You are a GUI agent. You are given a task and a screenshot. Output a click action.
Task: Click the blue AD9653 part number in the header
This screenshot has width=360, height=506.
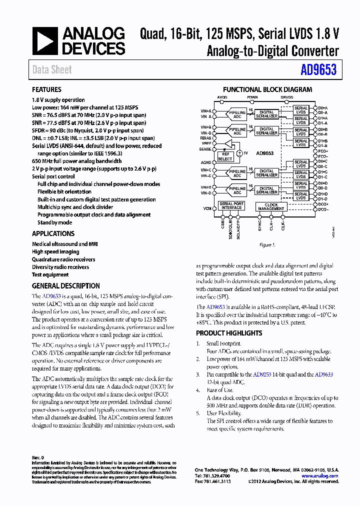(x=318, y=70)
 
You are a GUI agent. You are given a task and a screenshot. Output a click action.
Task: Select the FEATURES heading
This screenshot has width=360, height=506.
(x=46, y=89)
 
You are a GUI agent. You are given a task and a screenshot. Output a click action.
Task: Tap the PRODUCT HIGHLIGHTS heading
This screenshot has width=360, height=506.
(x=229, y=333)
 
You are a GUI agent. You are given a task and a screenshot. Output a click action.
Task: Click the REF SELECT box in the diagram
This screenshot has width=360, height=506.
(x=225, y=157)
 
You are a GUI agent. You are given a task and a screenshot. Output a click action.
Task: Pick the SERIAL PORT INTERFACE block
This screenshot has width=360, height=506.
(x=231, y=206)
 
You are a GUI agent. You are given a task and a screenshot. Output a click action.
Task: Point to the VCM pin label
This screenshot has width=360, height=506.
(x=206, y=207)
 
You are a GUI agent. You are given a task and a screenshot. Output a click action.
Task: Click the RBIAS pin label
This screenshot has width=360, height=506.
(x=205, y=138)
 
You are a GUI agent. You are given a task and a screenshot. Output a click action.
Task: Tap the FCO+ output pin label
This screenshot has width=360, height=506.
(x=323, y=151)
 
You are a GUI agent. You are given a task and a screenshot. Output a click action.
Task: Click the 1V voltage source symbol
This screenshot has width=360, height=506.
(x=240, y=152)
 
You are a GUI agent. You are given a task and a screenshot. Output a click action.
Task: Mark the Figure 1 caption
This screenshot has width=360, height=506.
(x=267, y=245)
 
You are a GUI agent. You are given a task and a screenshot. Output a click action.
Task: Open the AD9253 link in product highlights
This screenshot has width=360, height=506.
(x=262, y=374)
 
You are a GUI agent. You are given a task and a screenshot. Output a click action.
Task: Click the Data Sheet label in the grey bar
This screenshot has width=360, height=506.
(x=52, y=70)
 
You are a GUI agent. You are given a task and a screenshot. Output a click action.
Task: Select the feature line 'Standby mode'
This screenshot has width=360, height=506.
(x=54, y=222)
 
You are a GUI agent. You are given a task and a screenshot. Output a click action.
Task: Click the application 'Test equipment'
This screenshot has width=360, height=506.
(x=50, y=274)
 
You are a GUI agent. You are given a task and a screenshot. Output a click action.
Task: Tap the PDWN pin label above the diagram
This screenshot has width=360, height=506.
(x=252, y=97)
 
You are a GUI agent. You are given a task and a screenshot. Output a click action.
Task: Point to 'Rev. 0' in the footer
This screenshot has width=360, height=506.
(x=38, y=457)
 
